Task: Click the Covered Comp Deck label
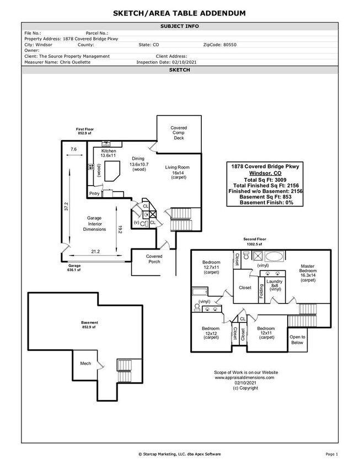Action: (x=179, y=133)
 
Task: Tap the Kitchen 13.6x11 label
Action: (x=108, y=153)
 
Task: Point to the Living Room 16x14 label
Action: (x=178, y=172)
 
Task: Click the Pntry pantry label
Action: (x=95, y=193)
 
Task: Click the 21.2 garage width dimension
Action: (x=95, y=252)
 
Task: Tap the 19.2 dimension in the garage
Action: (x=119, y=229)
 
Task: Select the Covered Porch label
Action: (x=154, y=259)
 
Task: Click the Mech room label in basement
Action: (x=85, y=363)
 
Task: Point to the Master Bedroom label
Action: (x=308, y=273)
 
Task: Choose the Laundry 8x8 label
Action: (x=274, y=285)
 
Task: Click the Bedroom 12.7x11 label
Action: (x=211, y=267)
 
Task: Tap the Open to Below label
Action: (x=297, y=339)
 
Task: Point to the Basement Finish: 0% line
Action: (x=266, y=202)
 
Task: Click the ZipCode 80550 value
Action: (x=217, y=45)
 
